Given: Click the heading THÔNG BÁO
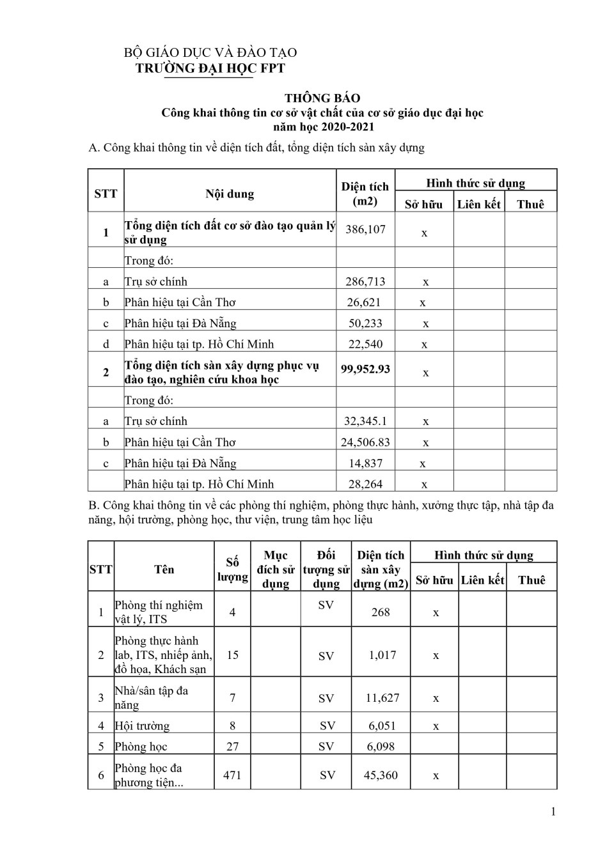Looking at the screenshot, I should (x=322, y=98).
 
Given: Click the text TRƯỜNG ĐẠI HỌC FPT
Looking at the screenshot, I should (x=210, y=68).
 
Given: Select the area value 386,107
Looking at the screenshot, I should (x=365, y=229).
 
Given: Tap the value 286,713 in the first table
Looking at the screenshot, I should (x=365, y=281).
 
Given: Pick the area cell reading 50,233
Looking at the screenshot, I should (x=365, y=323).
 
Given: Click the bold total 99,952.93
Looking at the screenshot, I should (x=365, y=369).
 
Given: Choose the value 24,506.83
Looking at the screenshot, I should (x=365, y=442).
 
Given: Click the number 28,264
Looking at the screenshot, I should (x=365, y=484).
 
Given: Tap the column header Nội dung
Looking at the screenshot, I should (x=230, y=194).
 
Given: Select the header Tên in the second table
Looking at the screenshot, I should (x=164, y=570).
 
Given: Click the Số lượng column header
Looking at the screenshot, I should (x=232, y=570).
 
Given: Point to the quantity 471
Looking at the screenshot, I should (x=232, y=775).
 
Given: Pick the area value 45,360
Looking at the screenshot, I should (x=381, y=775).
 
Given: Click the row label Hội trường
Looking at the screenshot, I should (x=142, y=726).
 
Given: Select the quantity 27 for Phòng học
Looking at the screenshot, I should (x=232, y=747).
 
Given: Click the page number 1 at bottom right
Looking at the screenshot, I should (x=553, y=812).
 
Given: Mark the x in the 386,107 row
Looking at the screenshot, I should (x=424, y=233).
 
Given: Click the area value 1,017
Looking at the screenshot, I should (x=382, y=655).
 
